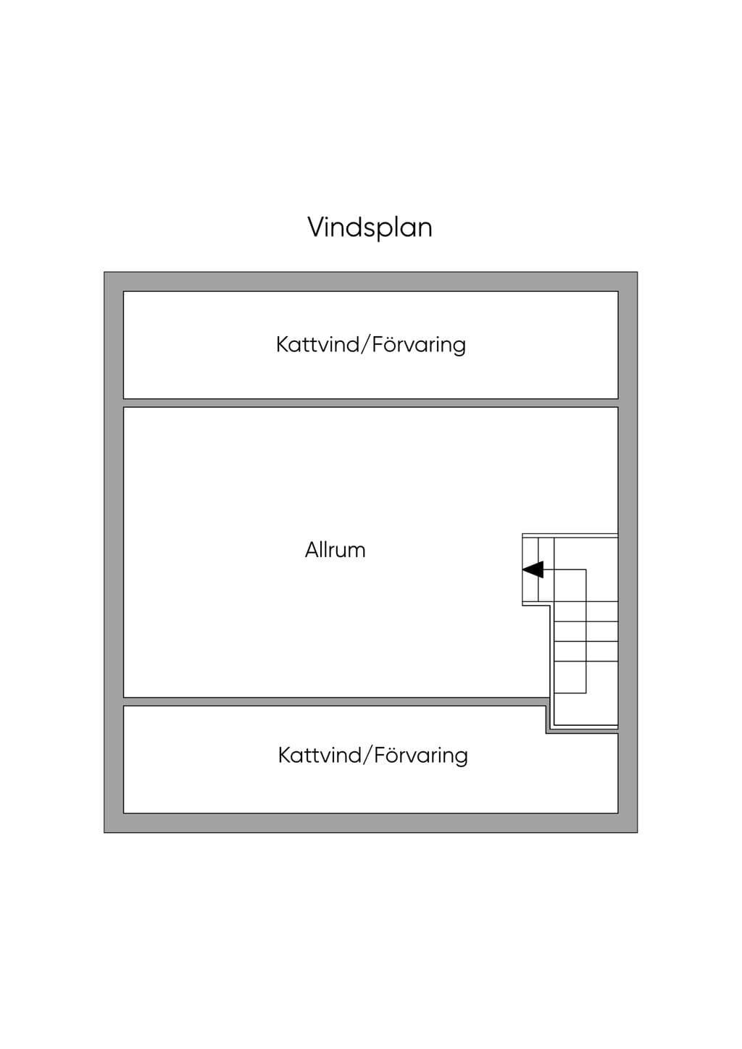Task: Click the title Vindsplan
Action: (370, 228)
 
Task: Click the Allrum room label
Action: (335, 550)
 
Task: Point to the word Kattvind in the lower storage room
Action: (320, 756)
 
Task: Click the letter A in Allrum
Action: (312, 551)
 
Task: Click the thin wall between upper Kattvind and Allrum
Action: (370, 404)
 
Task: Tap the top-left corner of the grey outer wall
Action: (104, 272)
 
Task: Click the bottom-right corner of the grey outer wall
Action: (638, 832)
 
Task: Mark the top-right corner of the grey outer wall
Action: (638, 272)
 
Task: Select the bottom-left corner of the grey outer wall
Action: (104, 832)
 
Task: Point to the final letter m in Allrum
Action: (357, 553)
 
